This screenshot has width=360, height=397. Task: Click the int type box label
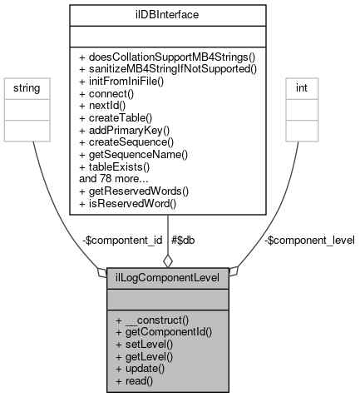tap(303, 86)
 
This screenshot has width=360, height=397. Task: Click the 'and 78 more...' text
tap(115, 178)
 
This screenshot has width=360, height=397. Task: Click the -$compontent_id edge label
tap(122, 240)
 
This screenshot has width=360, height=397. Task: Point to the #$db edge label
tap(183, 240)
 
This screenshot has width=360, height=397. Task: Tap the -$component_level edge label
tap(309, 240)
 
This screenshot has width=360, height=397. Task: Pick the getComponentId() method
tap(164, 331)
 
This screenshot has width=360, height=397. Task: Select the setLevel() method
tap(144, 343)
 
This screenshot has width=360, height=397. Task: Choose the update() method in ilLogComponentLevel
tap(141, 367)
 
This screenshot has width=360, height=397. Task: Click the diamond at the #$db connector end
tap(168, 261)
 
